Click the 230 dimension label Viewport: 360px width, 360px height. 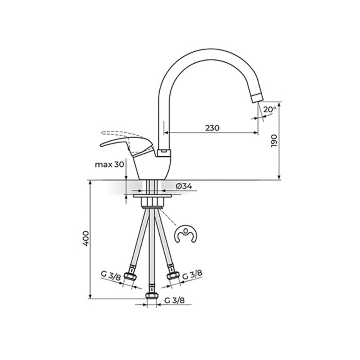click(x=212, y=128)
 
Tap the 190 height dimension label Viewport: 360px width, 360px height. click(x=274, y=141)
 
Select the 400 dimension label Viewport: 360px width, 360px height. click(x=86, y=238)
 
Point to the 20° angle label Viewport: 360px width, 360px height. click(x=269, y=109)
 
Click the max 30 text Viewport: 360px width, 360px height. click(x=109, y=165)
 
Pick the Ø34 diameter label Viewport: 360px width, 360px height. click(x=184, y=186)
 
